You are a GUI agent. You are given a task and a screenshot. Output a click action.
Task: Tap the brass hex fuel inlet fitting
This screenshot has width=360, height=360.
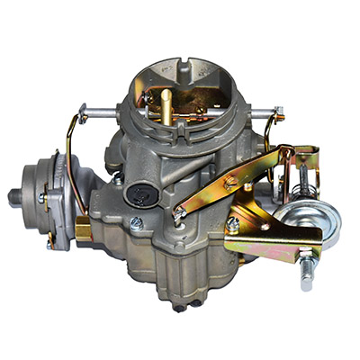83,230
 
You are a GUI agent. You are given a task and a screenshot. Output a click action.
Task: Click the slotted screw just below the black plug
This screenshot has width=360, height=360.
136,220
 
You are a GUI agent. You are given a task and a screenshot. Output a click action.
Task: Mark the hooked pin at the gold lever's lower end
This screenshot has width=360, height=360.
181,214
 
